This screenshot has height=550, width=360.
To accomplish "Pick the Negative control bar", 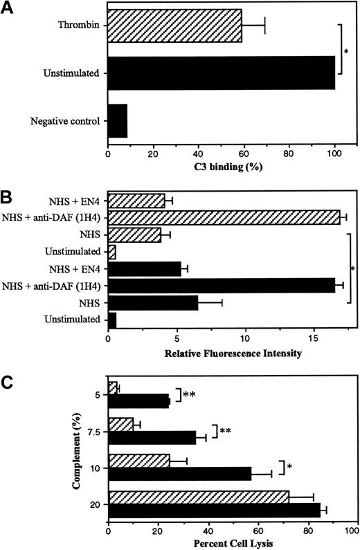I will [x=118, y=120].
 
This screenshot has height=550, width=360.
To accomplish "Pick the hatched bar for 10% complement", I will [x=139, y=459].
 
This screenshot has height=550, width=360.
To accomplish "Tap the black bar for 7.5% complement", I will [x=152, y=437].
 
